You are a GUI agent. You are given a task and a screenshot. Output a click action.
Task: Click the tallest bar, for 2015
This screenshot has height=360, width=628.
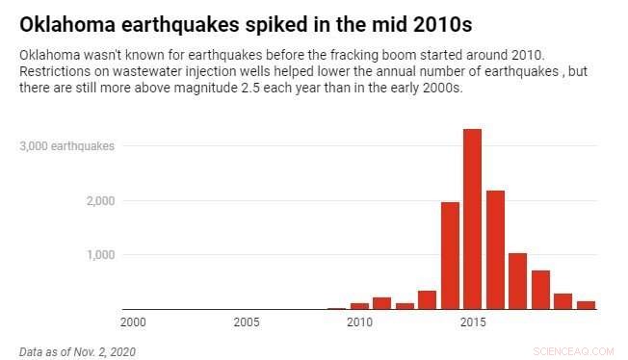point(472,219)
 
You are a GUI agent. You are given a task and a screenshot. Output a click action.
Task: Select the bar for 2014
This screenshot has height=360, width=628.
point(450,256)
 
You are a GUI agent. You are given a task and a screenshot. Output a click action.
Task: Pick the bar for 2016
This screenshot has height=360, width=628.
point(495,250)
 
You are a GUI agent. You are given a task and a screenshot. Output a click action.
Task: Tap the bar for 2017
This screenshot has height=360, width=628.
point(517,281)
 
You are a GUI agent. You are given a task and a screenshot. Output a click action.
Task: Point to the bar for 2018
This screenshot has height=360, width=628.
point(540,290)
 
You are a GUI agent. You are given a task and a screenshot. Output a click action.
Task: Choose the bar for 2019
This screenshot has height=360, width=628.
point(563,301)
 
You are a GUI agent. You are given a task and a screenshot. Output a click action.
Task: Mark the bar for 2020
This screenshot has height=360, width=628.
point(586,305)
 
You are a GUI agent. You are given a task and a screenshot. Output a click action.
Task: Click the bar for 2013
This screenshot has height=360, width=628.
point(427,299)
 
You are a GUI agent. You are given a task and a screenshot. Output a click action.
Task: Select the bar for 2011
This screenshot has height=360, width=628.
point(381,303)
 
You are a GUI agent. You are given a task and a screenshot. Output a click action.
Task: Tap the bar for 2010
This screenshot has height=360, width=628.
point(359,306)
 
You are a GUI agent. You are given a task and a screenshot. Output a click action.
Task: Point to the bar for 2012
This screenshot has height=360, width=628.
point(405,306)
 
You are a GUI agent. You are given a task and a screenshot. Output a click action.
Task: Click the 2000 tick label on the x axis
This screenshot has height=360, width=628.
point(133,321)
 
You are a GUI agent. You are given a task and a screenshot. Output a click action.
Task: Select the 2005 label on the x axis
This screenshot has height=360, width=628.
point(246,321)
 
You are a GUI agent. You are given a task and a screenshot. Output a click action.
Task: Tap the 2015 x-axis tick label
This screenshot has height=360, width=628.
point(472,321)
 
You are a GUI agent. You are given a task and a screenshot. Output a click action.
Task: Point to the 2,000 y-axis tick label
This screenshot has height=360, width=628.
point(98,200)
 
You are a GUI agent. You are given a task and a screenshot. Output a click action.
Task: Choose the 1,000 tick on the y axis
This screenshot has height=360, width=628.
point(98,255)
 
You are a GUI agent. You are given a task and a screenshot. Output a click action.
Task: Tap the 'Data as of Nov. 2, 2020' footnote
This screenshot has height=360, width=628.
point(77,351)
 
